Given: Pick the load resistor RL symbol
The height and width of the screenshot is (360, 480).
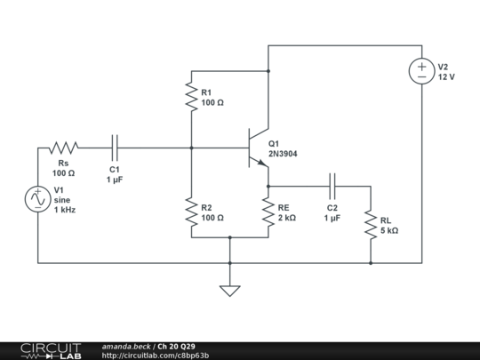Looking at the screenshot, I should coord(371,225).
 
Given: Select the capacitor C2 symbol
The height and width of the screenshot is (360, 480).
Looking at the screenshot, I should coord(332,186).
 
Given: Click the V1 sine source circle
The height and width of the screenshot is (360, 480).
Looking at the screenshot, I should coord(38,199).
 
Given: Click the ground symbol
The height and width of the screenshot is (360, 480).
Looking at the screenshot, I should coord(229,289).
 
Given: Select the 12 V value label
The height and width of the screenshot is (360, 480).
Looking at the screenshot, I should coord(446,77).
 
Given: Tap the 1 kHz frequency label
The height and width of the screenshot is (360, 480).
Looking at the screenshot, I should coord(65,210).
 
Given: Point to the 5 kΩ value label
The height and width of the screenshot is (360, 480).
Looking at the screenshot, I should coord(389,230).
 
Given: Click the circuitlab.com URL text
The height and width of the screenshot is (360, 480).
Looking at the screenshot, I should coord(156,356).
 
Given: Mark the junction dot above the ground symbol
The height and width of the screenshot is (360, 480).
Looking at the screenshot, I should coord(229,263).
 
